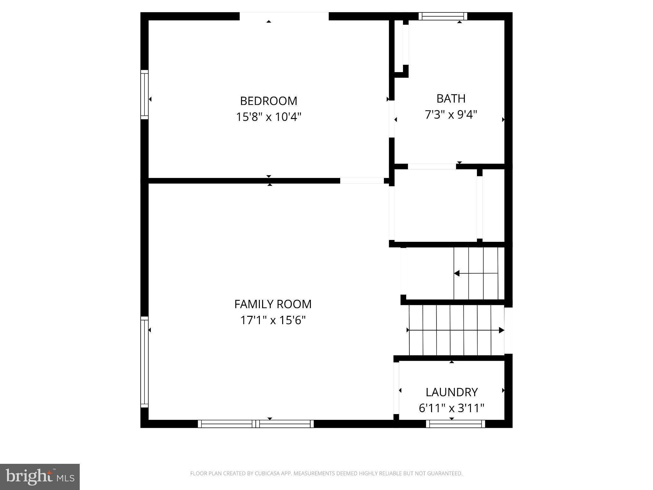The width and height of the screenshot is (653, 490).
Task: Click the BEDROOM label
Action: pos(268,101)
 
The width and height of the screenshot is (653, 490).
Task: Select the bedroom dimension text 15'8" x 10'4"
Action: pos(268,117)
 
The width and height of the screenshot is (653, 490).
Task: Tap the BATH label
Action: pos(451,99)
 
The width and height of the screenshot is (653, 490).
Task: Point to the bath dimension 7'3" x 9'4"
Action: pos(451,115)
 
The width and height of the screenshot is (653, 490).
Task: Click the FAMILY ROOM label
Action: pos(273,304)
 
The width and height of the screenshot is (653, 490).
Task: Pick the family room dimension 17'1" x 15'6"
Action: pos(273,320)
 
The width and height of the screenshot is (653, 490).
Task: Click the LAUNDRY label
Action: pos(451,392)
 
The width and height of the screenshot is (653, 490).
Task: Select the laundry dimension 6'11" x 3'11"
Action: pos(451,408)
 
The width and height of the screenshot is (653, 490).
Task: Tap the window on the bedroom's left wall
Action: pos(144,94)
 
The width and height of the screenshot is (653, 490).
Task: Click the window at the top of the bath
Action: pos(443,16)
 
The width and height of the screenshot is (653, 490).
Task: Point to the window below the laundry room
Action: pos(455,424)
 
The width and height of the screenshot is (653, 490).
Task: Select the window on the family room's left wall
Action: pos(144,362)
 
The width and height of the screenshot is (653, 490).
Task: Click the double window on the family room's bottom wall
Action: pos(256,424)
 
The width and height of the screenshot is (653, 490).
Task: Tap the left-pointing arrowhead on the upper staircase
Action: pos(457,273)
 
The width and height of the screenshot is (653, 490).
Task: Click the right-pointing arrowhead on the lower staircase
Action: pos(501,330)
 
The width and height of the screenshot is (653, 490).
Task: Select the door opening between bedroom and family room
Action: pos(362,181)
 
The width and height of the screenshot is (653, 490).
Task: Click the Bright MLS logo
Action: pos(40,477)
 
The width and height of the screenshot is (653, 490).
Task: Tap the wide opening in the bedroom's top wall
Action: pos(284,16)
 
